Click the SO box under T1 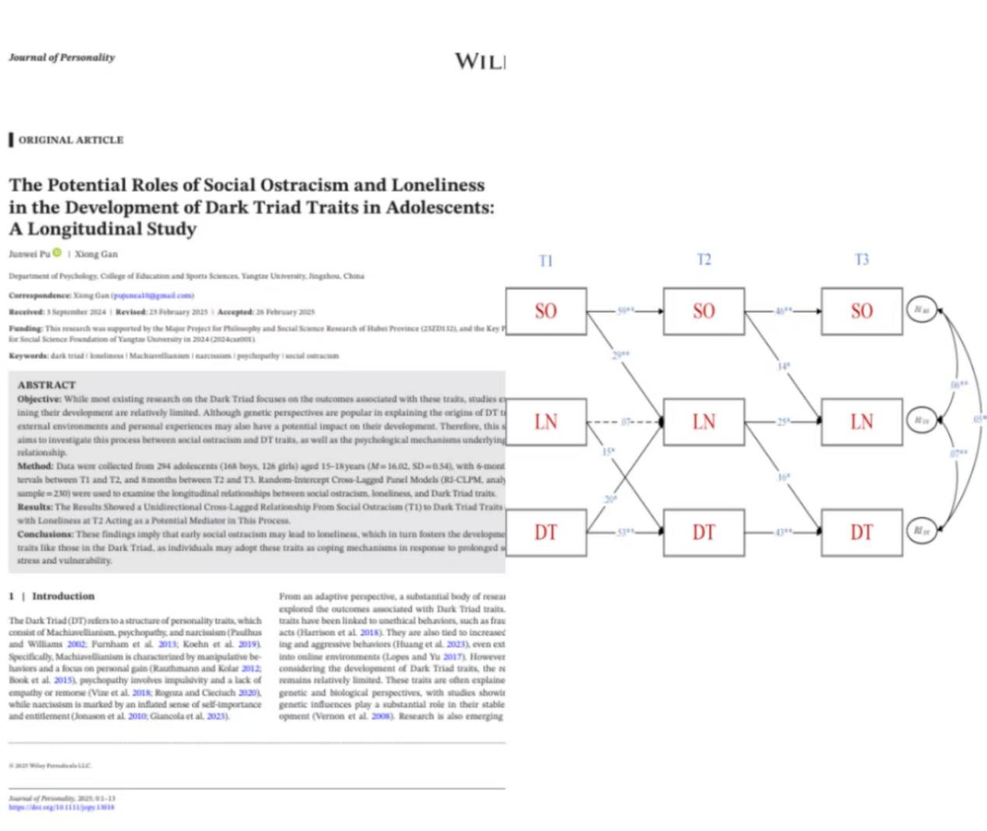(545, 311)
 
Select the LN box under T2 (703, 422)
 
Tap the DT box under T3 (861, 532)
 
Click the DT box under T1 (545, 532)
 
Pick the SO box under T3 (861, 311)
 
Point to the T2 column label (704, 259)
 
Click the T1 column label (546, 261)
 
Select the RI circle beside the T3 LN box (921, 420)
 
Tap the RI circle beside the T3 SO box (921, 310)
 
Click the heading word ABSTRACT (47, 385)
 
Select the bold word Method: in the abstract (36, 466)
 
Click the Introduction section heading (63, 596)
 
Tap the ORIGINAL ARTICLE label (71, 140)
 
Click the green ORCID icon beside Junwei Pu (57, 252)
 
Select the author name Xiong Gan (96, 254)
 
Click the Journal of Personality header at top (62, 58)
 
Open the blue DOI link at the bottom (61, 808)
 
